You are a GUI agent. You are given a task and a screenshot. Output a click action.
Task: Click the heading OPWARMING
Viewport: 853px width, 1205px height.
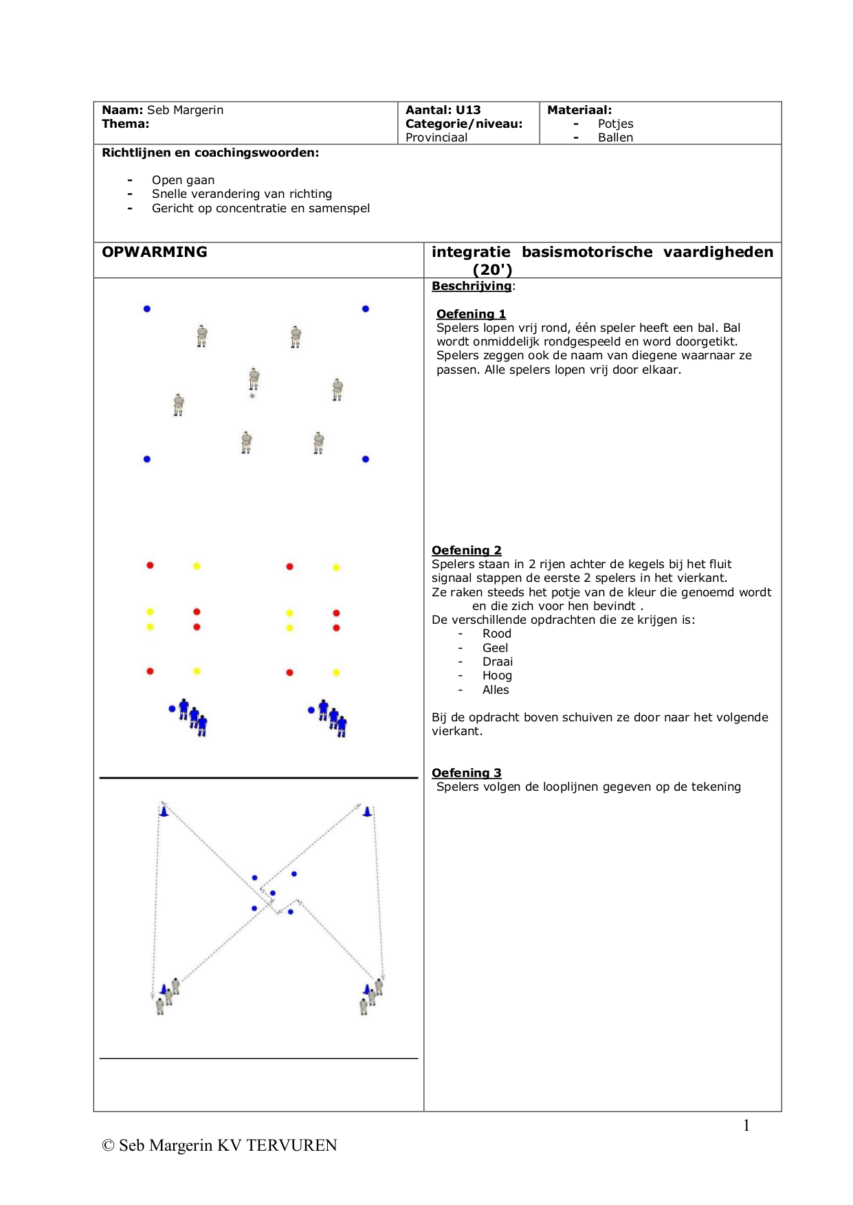click(x=155, y=252)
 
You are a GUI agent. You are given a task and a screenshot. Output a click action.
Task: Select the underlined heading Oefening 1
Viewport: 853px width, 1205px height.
click(x=471, y=314)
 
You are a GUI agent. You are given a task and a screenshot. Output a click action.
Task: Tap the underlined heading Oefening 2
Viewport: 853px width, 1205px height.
click(x=467, y=550)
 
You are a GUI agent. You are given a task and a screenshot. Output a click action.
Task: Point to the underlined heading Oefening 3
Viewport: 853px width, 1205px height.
click(x=467, y=773)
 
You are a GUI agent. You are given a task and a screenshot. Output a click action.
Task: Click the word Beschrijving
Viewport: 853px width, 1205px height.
click(x=472, y=286)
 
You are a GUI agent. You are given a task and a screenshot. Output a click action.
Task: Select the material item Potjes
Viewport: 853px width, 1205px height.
click(x=615, y=124)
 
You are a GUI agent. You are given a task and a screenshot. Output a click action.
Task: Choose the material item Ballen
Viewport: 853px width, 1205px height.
click(x=615, y=137)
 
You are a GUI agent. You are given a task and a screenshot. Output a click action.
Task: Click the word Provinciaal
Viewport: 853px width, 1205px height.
click(x=436, y=137)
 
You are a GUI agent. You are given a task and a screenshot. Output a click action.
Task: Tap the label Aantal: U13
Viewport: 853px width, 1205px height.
click(x=443, y=110)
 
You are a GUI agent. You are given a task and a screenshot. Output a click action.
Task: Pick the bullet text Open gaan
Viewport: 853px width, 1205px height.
click(x=183, y=180)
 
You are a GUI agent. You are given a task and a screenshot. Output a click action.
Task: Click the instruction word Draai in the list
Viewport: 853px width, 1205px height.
click(x=498, y=662)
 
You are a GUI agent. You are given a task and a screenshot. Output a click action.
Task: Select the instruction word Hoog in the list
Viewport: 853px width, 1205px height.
click(x=497, y=675)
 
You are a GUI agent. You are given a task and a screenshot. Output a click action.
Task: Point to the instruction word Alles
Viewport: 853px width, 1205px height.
click(x=496, y=690)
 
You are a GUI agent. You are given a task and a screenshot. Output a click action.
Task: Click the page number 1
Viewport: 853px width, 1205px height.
click(x=746, y=1125)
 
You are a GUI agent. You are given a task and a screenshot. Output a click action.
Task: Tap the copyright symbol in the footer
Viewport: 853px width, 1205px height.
click(x=108, y=1145)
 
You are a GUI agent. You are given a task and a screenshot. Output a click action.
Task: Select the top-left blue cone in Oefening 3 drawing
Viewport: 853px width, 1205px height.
click(x=164, y=811)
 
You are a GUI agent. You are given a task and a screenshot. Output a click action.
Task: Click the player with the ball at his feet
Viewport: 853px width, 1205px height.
click(x=254, y=379)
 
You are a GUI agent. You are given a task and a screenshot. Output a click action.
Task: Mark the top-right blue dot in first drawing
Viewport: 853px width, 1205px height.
click(x=366, y=309)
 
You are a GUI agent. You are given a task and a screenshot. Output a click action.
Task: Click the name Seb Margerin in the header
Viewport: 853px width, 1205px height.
click(x=185, y=110)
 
